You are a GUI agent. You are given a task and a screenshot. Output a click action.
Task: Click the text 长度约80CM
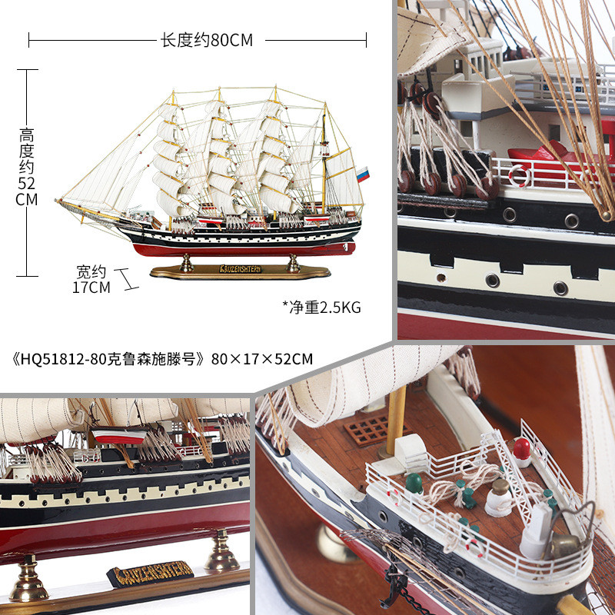tap(206, 40)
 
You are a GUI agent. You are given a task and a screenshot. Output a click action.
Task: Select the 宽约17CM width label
tap(92, 279)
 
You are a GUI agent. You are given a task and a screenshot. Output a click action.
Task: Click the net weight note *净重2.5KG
tap(321, 307)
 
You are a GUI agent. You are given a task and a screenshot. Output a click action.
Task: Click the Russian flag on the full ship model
tap(362, 174)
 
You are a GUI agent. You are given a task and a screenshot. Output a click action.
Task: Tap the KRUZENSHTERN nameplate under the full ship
tap(240, 269)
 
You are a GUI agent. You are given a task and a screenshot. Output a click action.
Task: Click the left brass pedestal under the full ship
tap(186, 264)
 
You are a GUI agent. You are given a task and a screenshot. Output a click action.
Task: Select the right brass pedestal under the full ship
tap(293, 264)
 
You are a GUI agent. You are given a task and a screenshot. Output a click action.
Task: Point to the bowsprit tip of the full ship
tap(58, 201)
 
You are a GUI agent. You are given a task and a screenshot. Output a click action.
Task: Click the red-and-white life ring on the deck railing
tap(520, 176)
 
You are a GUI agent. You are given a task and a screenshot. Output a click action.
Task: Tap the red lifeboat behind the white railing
tap(553, 152)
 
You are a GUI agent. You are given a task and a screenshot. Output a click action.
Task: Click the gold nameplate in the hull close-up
tap(149, 573)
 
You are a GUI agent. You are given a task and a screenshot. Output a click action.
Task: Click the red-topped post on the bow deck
tap(521, 450)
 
